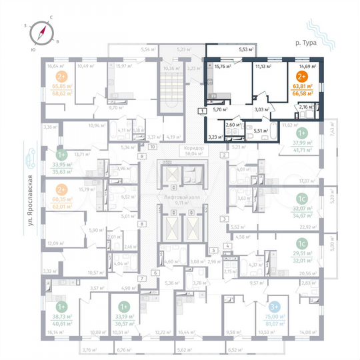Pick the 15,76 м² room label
(x=222, y=67)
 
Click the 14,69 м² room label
(x=307, y=67)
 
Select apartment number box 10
(x=152, y=146)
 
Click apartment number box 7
(x=141, y=277)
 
